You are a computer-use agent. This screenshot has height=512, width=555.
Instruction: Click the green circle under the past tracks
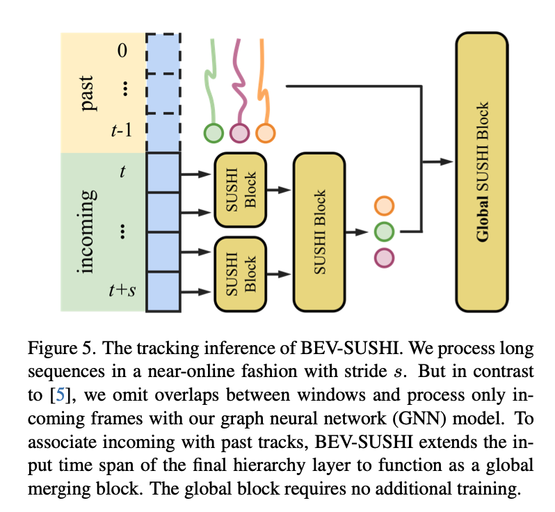click(213, 132)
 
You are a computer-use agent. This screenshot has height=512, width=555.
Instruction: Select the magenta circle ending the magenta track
click(239, 132)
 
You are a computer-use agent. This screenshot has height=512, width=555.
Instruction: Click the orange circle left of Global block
click(384, 206)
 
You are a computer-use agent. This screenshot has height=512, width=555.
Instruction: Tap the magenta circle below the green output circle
click(384, 257)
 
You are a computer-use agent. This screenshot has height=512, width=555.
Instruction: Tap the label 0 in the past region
click(123, 51)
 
